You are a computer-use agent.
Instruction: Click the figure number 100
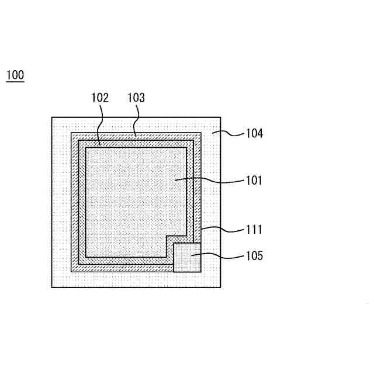click(15, 75)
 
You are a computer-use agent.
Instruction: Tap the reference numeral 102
click(100, 98)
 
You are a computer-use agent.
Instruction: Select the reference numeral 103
click(136, 98)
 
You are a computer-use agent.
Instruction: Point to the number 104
click(254, 133)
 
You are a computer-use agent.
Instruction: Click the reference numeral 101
click(254, 181)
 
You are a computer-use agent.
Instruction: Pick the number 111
click(254, 230)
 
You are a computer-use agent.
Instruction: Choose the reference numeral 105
click(254, 255)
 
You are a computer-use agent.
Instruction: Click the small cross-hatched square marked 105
click(187, 257)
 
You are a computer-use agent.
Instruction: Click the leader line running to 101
click(210, 181)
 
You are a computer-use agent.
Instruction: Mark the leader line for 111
click(222, 229)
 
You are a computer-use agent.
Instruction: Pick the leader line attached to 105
click(222, 255)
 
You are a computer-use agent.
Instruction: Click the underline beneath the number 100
click(15, 81)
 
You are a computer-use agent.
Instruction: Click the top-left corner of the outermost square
click(52, 117)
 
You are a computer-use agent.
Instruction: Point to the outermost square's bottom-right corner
click(220, 287)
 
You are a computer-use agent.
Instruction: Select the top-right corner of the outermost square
click(220, 117)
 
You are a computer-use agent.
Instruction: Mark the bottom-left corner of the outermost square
click(52, 287)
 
